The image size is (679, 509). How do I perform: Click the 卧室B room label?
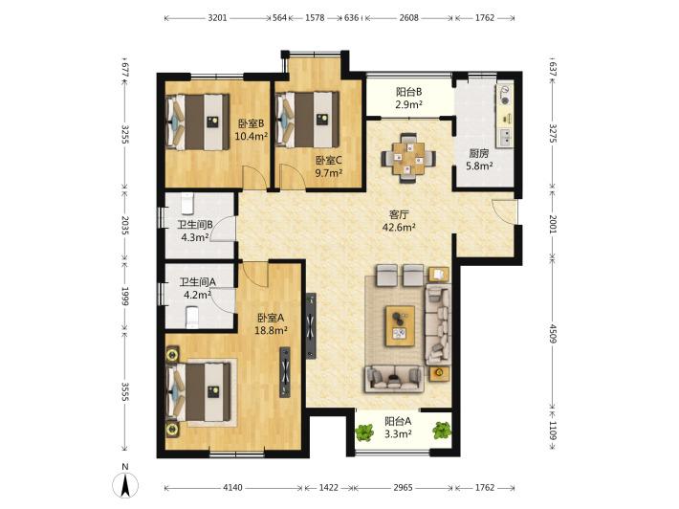point(251,123)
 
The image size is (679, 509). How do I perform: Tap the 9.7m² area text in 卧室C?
point(329,173)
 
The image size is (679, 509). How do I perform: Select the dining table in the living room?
point(408,158)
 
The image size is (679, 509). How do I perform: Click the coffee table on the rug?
point(400,325)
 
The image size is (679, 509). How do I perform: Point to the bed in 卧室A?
point(199,392)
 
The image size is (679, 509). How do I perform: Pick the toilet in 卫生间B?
point(187,204)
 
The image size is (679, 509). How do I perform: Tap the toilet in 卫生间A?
point(191,318)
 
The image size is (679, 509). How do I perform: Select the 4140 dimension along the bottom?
point(232,487)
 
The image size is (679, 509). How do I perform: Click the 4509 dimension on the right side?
point(552,333)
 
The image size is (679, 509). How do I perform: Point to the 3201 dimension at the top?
point(217,18)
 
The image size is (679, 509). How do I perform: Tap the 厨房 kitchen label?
point(479,153)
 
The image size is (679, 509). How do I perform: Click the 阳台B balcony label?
point(408,92)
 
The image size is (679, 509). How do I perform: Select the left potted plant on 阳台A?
point(364,432)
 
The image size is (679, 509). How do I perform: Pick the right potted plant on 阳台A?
point(442,430)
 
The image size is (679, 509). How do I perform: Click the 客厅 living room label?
point(399,214)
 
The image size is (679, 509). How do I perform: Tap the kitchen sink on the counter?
point(505,138)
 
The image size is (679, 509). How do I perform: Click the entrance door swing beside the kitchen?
point(505,211)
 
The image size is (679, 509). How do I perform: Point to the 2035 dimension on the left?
point(124,225)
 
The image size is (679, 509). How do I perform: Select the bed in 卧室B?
point(198,122)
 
